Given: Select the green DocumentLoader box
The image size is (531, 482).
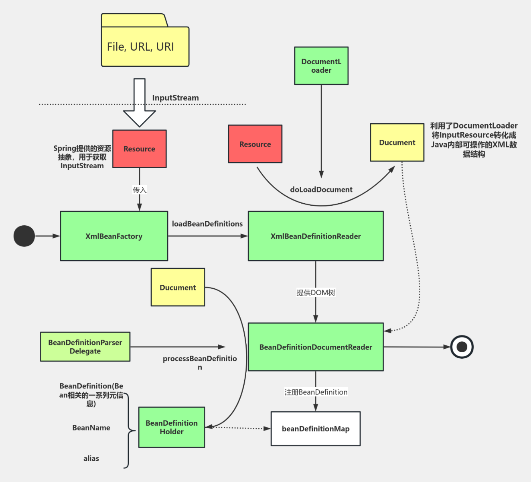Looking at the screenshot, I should pos(321,66).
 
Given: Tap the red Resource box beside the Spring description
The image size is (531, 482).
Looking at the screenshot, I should pos(139,149).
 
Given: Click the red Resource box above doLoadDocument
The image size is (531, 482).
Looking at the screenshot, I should pos(255,144).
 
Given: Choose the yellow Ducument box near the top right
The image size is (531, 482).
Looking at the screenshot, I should pos(397,143).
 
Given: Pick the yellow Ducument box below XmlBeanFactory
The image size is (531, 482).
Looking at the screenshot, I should pos(178,287).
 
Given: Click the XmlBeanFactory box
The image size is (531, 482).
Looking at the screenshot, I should pos(114,236).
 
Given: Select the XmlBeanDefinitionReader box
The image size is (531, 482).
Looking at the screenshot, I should pos(316,236).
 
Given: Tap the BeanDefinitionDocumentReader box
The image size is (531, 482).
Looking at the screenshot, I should pos(316,347).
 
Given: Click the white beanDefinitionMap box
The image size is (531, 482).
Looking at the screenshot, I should pos(316,429).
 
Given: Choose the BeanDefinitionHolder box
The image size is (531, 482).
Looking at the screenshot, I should pos(172,427).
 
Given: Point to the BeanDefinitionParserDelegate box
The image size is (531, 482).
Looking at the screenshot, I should pos(85,347).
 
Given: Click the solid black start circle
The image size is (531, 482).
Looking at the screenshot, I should pos(24,236).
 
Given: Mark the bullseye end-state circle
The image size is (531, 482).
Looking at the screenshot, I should pos(462,347).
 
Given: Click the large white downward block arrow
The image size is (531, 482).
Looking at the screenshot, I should pos(139,102).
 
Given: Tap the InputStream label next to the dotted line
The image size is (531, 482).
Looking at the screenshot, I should pos(175,98).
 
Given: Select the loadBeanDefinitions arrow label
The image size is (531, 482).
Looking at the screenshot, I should pos(207,224).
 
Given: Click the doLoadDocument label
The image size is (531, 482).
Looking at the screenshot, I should pos(321,190).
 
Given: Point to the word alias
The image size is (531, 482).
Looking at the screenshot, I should pos(91,458).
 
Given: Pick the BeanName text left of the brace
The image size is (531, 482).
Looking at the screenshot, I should pos(91,428).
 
